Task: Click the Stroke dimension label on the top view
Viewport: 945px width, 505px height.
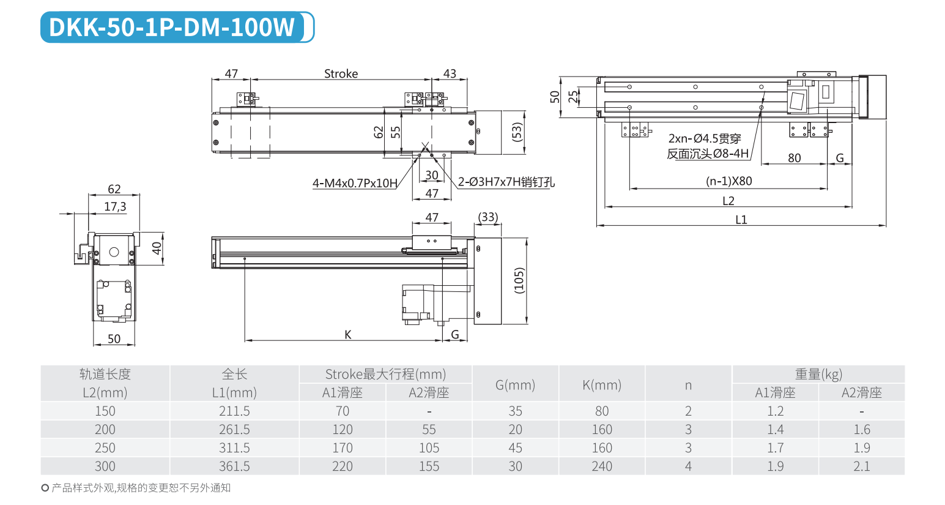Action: coord(341,73)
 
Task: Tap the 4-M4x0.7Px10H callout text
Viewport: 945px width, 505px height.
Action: coord(355,183)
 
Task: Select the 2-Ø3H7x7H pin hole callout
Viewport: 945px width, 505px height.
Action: coord(506,182)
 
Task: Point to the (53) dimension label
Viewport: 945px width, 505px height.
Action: coord(517,132)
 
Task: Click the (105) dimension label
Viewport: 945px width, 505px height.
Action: coord(519,280)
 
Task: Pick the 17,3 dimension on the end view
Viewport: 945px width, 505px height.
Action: coord(115,206)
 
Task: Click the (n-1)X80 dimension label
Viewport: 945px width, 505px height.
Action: coord(728,181)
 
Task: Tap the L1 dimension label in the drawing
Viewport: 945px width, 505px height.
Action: coord(741,219)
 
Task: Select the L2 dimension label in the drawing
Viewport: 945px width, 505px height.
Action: coord(728,201)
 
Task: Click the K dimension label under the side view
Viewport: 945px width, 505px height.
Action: coord(348,334)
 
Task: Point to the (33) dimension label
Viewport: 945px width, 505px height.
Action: coord(487,217)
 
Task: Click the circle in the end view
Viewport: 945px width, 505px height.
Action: coord(114,252)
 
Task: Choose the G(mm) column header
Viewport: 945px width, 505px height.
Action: coord(515,384)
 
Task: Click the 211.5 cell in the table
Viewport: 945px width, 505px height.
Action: coord(234,411)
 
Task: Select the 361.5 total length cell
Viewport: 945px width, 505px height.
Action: coord(234,466)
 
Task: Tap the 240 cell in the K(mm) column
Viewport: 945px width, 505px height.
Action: coord(602,466)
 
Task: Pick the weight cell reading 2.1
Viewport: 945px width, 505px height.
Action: coord(861,466)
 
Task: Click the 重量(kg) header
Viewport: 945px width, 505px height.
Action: coord(818,374)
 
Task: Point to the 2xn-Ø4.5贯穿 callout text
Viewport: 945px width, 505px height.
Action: coord(704,139)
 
